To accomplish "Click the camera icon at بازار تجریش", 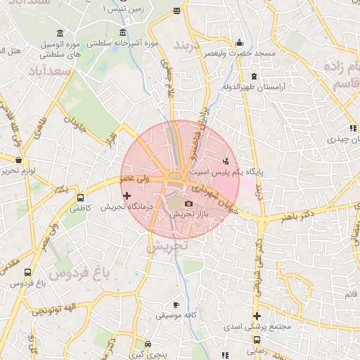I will click(188, 204).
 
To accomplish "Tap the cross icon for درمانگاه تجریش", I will click(127, 195).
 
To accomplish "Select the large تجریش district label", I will click(169, 247).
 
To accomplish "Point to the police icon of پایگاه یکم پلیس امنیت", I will click(225, 160).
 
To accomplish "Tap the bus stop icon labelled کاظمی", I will click(79, 198).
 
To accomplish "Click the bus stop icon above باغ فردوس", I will click(27, 273).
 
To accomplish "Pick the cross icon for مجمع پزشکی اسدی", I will click(257, 316).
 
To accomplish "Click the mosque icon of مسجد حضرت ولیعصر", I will click(240, 42).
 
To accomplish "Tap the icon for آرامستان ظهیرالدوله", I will click(253, 77).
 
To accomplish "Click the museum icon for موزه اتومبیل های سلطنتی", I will click(59, 34).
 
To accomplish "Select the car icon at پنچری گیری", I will click(148, 345).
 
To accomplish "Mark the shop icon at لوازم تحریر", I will click(18, 160).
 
